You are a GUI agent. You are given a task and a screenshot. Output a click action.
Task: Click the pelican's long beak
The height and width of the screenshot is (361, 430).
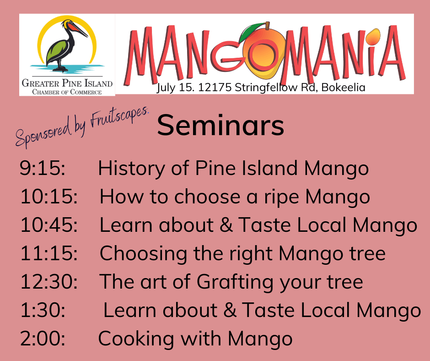tap(79, 30)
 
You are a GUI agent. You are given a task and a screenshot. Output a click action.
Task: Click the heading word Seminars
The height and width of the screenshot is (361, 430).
tap(220, 126)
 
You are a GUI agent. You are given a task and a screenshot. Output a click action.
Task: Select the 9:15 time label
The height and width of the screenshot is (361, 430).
tap(43, 168)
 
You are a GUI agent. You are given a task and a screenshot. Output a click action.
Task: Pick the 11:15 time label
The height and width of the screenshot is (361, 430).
tap(49, 253)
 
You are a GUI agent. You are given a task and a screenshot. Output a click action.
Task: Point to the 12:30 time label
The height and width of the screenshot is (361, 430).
tap(49, 281)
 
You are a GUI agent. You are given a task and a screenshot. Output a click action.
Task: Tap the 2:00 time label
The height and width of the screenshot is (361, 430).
tap(43, 338)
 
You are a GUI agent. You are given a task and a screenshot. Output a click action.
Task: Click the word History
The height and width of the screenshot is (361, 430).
tap(132, 169)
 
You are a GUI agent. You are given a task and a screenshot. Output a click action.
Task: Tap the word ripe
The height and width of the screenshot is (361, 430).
tap(281, 198)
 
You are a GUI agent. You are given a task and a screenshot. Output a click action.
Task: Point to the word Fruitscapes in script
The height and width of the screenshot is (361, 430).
tap(119, 117)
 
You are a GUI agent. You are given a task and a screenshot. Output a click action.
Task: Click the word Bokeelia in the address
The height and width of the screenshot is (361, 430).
tap(344, 88)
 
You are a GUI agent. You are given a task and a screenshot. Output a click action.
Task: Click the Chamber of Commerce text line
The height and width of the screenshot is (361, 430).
tap(67, 92)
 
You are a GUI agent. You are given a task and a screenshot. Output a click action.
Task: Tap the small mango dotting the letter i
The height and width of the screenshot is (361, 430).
tap(374, 37)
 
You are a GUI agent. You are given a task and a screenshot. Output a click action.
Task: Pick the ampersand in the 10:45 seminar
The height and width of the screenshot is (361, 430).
tap(226, 225)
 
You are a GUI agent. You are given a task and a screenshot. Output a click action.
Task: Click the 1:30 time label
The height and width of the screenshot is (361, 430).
tap(43, 310)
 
